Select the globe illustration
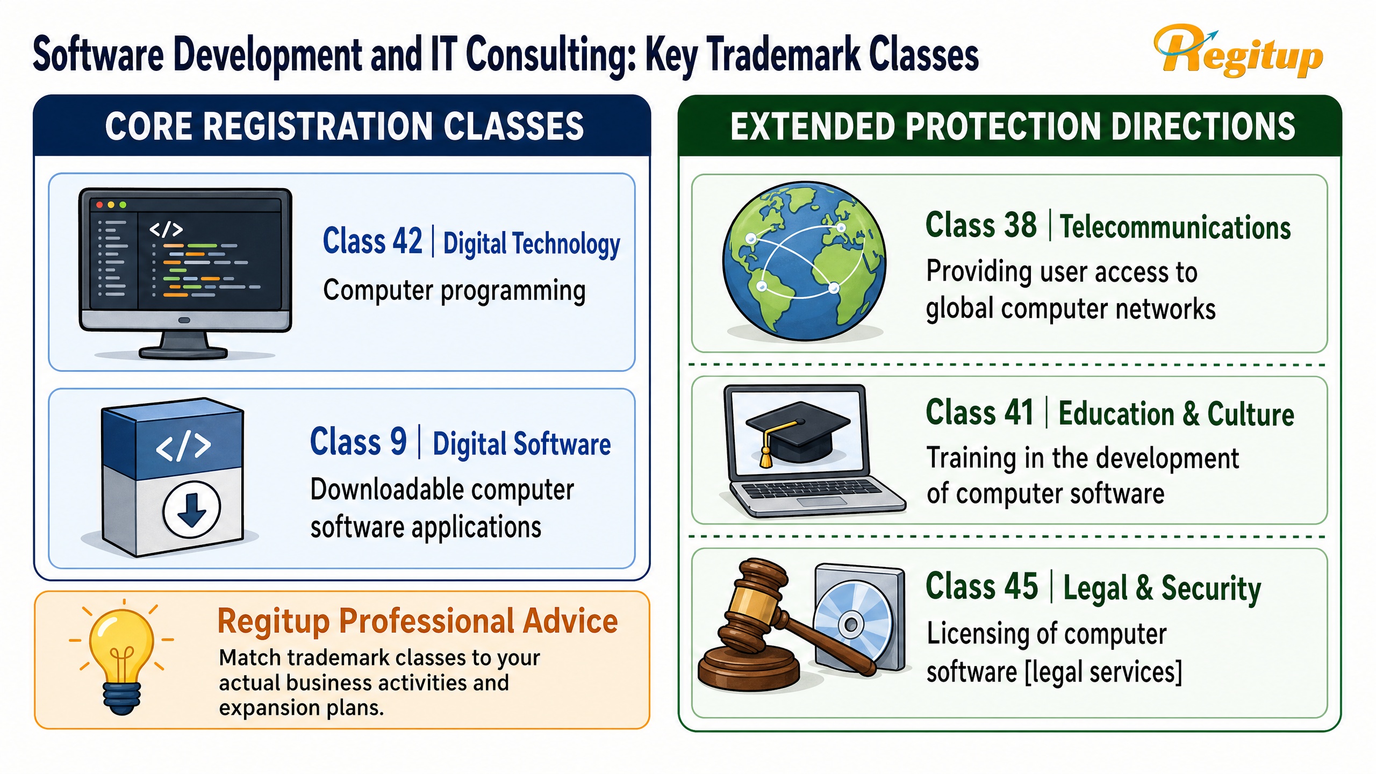click(804, 261)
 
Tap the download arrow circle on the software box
click(192, 508)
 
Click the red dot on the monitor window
click(99, 205)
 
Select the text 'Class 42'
click(372, 241)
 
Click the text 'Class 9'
click(359, 442)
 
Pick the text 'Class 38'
click(981, 225)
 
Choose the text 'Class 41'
click(980, 413)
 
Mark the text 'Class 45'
click(981, 586)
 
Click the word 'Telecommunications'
click(1176, 227)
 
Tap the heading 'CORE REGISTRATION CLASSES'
click(345, 127)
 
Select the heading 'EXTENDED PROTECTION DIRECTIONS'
click(1013, 127)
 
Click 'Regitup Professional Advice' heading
click(418, 621)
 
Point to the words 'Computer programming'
click(454, 291)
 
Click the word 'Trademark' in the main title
click(784, 55)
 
